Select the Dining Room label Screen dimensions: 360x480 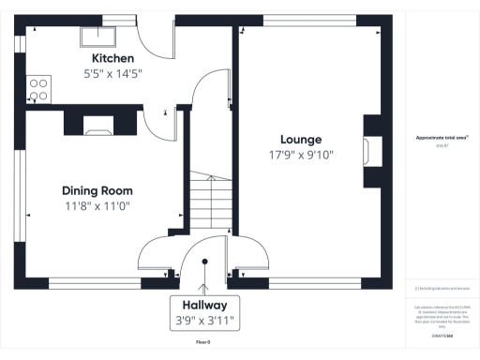click(x=97, y=188)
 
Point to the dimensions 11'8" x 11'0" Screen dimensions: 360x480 click(x=97, y=205)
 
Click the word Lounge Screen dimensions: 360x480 click(x=302, y=138)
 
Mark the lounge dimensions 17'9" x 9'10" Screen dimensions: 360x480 click(x=302, y=155)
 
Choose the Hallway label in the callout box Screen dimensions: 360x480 click(x=204, y=305)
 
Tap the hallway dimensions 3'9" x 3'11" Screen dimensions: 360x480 click(x=204, y=321)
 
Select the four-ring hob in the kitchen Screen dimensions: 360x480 click(x=38, y=88)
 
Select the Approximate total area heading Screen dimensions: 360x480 click(x=442, y=138)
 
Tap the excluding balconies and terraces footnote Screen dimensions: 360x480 click(x=442, y=289)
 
